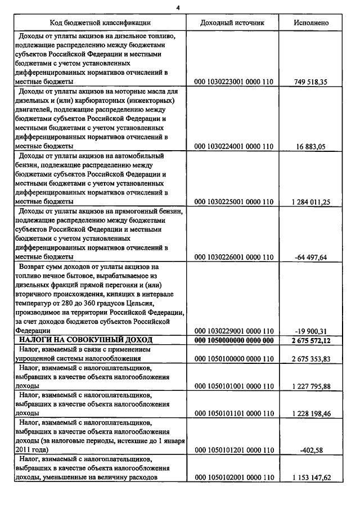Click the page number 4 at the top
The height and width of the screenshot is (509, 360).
178,7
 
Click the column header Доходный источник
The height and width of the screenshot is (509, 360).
233,22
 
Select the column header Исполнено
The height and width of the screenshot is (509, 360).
311,22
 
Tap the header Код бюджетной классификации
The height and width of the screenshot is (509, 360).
100,22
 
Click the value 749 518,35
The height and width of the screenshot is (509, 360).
310,82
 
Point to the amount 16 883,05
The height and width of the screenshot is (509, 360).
310,146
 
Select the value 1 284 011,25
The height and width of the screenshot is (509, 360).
310,201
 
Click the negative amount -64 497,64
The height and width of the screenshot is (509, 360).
310,256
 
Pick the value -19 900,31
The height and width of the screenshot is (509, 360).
310,331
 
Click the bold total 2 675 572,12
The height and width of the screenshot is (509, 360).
310,340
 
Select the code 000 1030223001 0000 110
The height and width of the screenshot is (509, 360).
233,82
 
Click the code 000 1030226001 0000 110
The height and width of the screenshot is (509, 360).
233,256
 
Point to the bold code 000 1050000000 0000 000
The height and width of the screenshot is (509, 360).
233,340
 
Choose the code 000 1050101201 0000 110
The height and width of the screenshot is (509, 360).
233,450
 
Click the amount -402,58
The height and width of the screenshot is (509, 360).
310,450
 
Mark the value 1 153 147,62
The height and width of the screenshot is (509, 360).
310,478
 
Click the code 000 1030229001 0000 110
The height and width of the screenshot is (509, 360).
233,331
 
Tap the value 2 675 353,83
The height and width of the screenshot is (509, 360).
310,358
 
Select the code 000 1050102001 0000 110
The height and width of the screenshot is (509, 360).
233,478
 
